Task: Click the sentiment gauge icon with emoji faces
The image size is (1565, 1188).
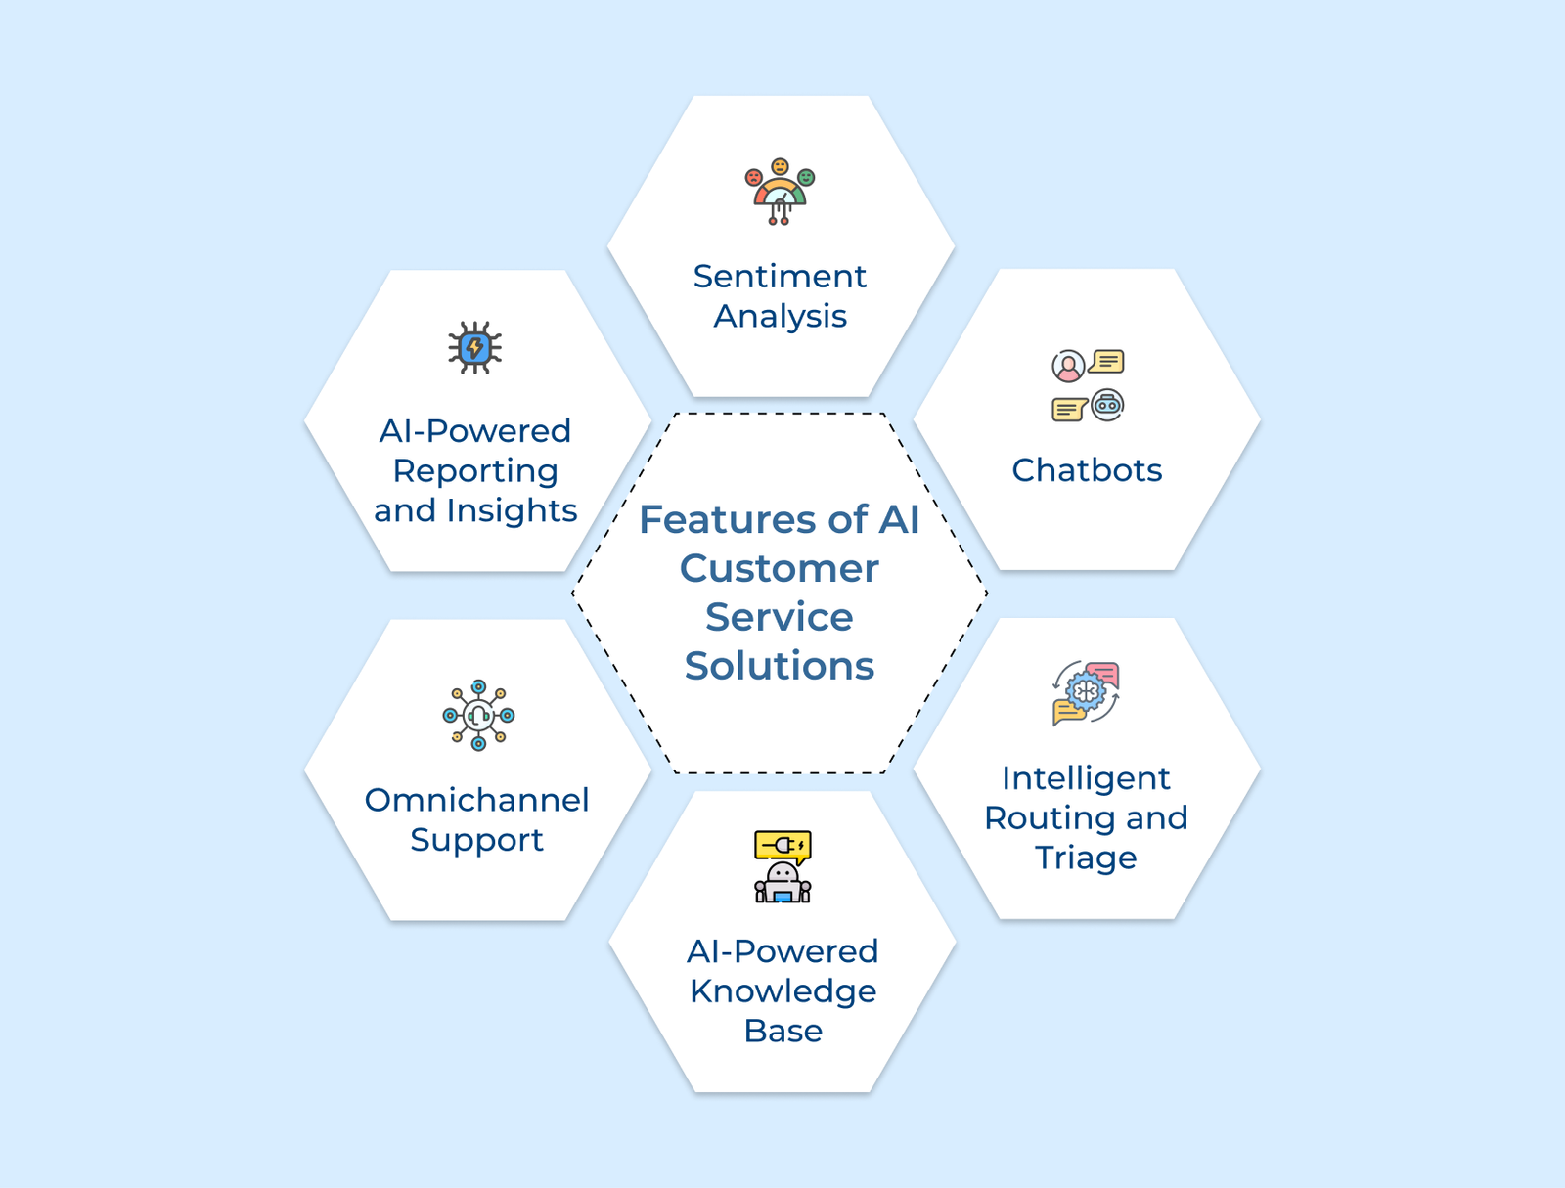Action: [780, 192]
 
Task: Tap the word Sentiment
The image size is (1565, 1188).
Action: [780, 277]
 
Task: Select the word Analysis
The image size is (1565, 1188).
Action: [780, 317]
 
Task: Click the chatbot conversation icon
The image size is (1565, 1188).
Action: [1088, 385]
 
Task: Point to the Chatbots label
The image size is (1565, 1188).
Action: [1087, 470]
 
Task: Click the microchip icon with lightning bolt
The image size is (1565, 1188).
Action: [475, 347]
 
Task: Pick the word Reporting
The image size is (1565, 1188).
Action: [475, 471]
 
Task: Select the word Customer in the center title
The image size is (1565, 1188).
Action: [780, 568]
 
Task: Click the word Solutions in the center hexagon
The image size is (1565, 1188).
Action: [780, 666]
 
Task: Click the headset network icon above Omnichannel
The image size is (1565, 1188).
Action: [478, 716]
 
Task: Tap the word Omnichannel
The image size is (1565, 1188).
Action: [477, 800]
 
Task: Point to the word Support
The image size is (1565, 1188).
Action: [476, 840]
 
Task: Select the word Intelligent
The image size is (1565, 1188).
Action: [1086, 778]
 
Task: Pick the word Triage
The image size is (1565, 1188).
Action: [1086, 858]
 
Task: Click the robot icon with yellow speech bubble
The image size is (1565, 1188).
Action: [782, 866]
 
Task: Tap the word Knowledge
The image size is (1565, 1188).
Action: [782, 991]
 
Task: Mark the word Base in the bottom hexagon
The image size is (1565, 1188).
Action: [782, 1032]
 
